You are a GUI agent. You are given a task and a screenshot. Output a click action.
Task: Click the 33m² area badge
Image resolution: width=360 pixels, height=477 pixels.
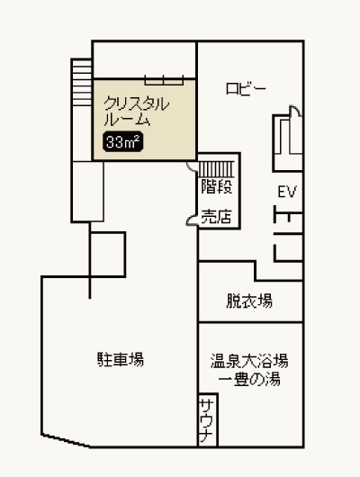coord(123,141)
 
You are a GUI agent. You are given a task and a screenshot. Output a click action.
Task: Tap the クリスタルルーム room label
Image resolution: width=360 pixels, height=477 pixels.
coord(136,112)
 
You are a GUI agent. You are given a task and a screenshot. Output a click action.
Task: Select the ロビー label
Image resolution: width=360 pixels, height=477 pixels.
coord(246,89)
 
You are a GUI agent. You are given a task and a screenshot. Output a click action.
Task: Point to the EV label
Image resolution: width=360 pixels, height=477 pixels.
coord(287,192)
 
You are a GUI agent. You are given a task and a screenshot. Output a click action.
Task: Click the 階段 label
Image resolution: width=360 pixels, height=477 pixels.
coord(217,186)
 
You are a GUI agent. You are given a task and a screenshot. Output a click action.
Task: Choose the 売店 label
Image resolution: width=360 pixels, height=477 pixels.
coord(217,217)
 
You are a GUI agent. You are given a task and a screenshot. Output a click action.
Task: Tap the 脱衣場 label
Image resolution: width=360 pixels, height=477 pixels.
coord(249,301)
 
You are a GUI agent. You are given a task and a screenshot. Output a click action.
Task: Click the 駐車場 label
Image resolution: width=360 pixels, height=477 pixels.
coord(121,359)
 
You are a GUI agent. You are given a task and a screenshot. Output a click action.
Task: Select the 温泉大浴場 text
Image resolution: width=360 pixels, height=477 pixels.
coord(249,361)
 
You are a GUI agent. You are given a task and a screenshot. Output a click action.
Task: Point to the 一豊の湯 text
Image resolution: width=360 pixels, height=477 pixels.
coord(249,379)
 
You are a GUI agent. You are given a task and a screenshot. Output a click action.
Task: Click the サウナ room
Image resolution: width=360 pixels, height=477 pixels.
coord(208,420)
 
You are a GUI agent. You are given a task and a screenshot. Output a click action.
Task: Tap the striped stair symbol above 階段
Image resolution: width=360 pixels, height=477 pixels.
coord(216,169)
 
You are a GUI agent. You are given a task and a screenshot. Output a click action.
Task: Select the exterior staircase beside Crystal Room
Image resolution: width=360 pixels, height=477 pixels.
coord(82,83)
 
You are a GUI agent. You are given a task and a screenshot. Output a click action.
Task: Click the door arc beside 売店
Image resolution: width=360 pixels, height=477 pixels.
coord(192,220)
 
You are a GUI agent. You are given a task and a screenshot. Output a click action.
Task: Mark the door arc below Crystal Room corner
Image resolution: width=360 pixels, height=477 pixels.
coord(192,166)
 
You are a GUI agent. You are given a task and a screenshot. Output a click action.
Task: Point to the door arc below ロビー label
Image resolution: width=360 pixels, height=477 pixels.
coord(295,111)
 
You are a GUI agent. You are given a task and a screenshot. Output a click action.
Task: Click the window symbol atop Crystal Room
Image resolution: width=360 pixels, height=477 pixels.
coord(164,80)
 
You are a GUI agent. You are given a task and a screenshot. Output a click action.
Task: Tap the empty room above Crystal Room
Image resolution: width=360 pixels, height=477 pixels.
coord(144,60)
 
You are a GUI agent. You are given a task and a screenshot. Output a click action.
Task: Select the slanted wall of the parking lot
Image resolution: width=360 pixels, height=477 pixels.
coord(66,441)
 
